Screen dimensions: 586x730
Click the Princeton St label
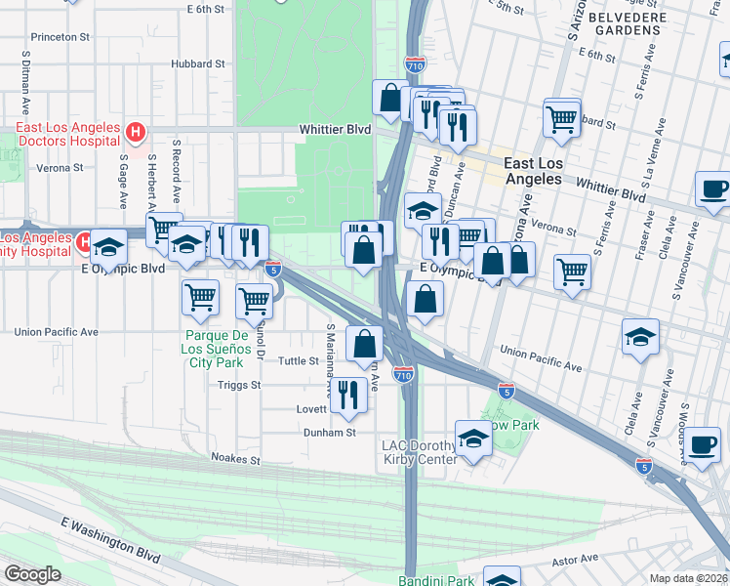coord(61,36)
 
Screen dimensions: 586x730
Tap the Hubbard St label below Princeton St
coord(198,63)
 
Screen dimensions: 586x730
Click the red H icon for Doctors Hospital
coord(137,130)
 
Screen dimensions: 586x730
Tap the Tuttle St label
coord(300,360)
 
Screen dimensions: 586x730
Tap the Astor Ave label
coord(574,560)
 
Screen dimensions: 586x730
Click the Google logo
coord(32,573)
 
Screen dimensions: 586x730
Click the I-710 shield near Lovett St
coord(404,373)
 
